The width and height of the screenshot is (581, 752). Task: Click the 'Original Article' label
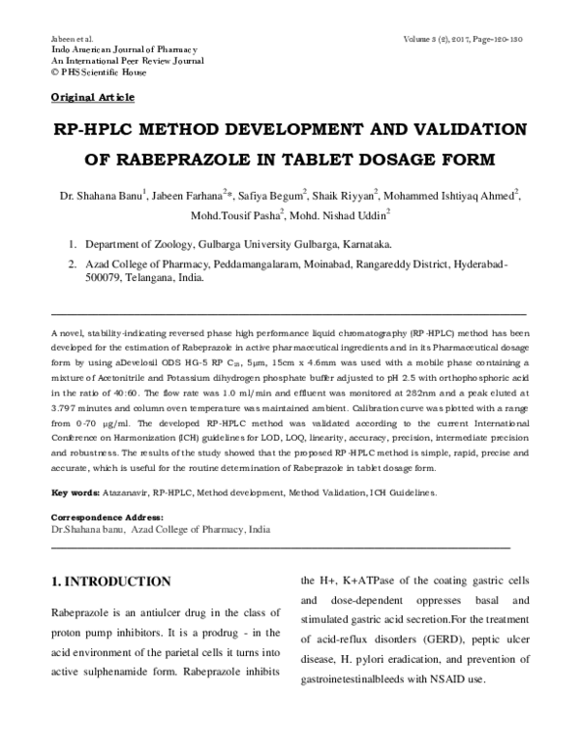pyautogui.click(x=92, y=98)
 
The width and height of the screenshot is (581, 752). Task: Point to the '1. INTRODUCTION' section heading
pyautogui.click(x=110, y=582)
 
